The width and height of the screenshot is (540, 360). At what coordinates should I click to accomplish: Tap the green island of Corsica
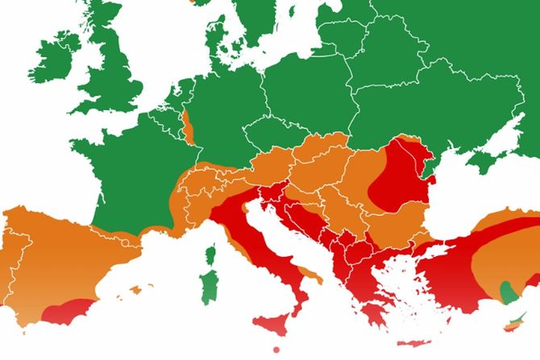pyautogui.click(x=212, y=256)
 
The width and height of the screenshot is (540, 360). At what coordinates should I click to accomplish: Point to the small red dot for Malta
pyautogui.click(x=276, y=349)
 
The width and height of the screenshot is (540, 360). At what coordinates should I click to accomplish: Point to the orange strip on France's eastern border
pyautogui.click(x=189, y=126)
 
